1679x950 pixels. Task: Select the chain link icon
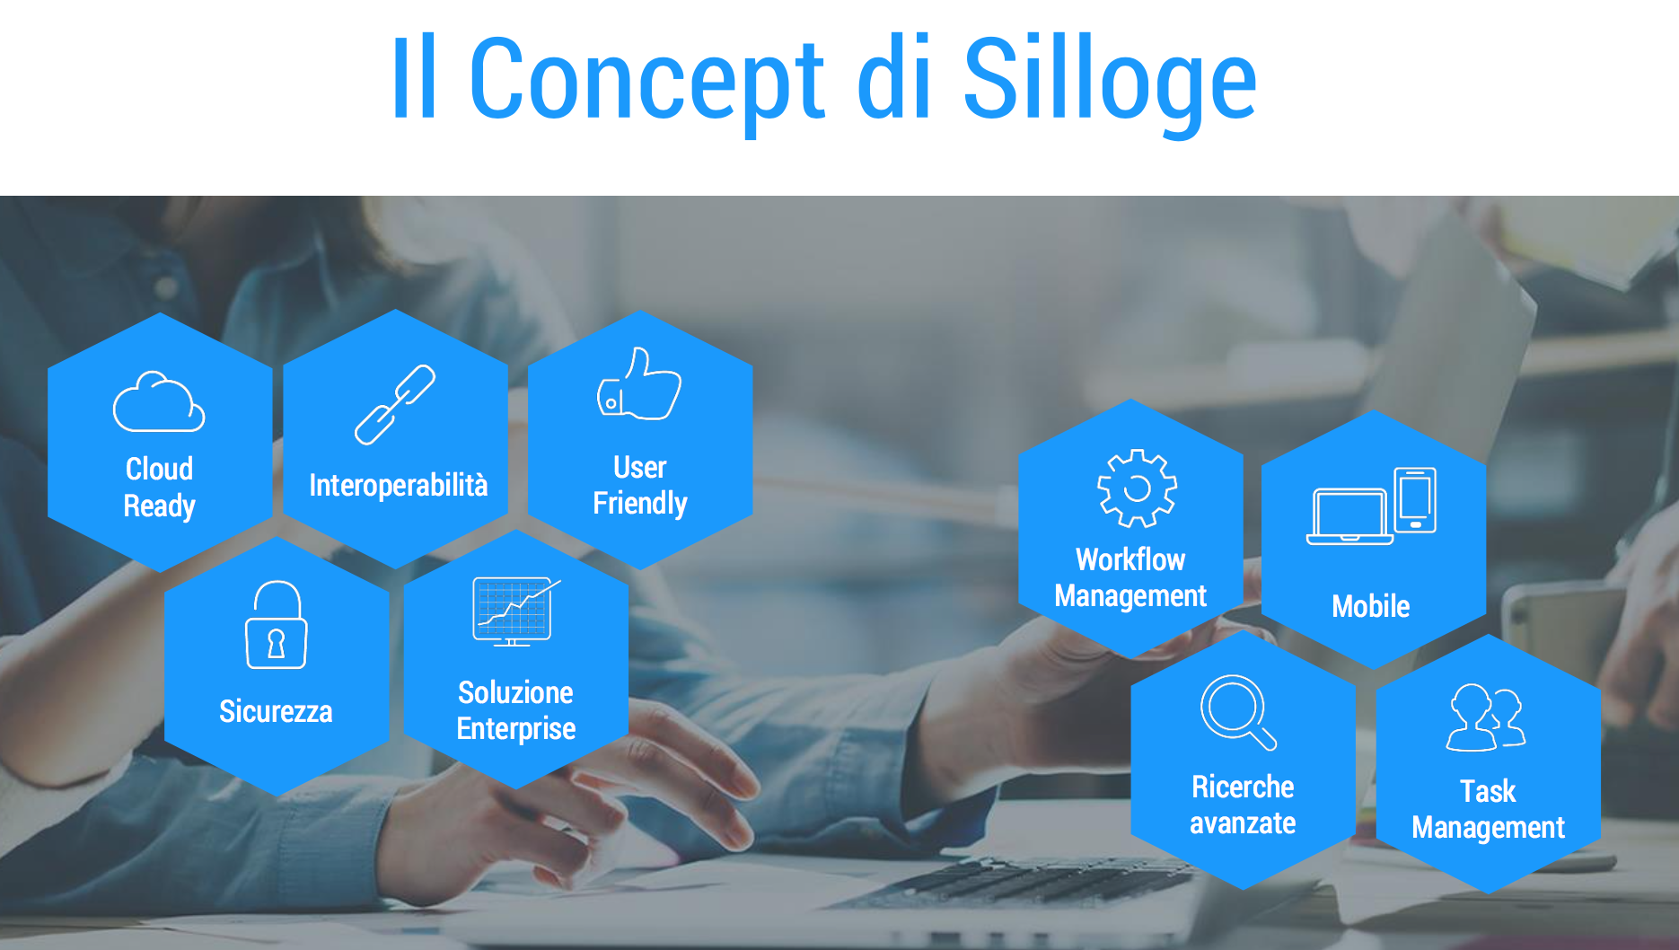click(395, 405)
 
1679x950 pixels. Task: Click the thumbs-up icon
click(639, 384)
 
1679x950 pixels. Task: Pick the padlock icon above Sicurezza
click(276, 625)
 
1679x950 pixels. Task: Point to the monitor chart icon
click(514, 611)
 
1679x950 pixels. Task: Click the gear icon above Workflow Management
click(1137, 488)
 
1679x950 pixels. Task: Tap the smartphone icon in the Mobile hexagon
click(1415, 499)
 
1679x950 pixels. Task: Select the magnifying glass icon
click(1238, 712)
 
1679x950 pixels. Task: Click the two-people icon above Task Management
click(1486, 717)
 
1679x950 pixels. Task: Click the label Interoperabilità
click(399, 486)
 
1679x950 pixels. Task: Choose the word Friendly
click(640, 504)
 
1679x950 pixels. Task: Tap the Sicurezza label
click(276, 711)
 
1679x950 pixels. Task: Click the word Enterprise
click(516, 729)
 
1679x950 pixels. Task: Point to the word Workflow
click(1130, 559)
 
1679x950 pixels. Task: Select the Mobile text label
click(1371, 606)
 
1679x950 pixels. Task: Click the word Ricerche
click(1243, 787)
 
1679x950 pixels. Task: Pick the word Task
click(1488, 791)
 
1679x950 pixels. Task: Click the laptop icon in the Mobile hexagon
click(1349, 516)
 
